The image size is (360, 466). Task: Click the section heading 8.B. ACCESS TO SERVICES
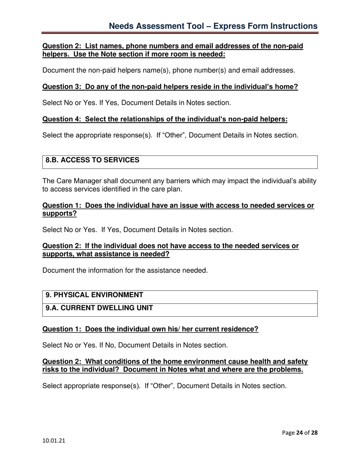pos(92,160)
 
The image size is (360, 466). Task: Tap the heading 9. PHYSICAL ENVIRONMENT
pos(94,295)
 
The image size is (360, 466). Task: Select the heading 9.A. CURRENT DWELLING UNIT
pos(99,308)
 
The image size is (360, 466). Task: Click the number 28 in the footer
pos(314,433)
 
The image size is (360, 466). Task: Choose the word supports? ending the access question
pos(59,213)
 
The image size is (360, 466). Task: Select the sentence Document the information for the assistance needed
pos(125,271)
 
